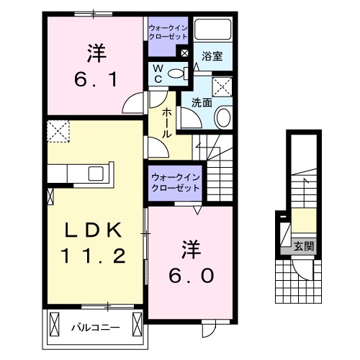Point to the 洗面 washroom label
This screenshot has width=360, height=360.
201,103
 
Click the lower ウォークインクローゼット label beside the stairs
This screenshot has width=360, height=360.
176,182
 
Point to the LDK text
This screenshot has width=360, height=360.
94,230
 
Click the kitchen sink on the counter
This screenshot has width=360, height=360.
96,174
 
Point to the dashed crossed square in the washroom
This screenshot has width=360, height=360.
223,86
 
